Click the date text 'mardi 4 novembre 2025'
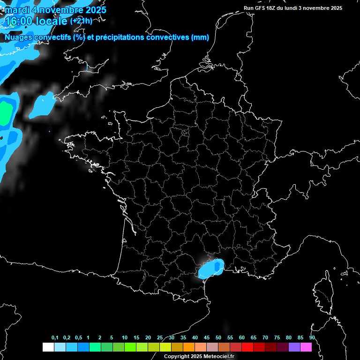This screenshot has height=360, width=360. [x=55, y=9]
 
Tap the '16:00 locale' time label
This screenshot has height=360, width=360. [x=35, y=21]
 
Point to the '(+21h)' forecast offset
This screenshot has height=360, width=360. [x=81, y=21]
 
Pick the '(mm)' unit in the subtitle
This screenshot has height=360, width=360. [x=200, y=37]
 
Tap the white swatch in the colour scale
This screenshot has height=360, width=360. [x=48, y=347]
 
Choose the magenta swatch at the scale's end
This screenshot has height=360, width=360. [x=306, y=347]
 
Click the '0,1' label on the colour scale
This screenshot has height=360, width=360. [x=55, y=337]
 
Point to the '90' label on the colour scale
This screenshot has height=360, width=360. [x=312, y=337]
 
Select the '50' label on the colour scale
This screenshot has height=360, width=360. [x=218, y=337]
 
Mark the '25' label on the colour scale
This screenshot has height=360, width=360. [x=160, y=337]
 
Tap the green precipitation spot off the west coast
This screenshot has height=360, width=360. [x=5, y=113]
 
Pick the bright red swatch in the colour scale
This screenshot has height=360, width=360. [x=247, y=347]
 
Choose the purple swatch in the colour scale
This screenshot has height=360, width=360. [x=294, y=347]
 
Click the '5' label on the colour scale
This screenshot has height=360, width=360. [x=112, y=337]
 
